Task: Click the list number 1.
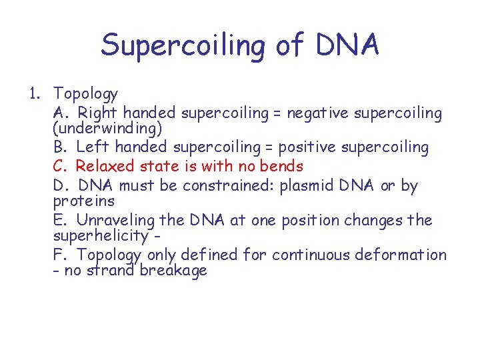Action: pyautogui.click(x=33, y=94)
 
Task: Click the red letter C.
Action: pyautogui.click(x=59, y=165)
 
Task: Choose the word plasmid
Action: pyautogui.click(x=309, y=185)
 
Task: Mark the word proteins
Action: pyautogui.click(x=83, y=201)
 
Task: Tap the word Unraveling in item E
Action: pyautogui.click(x=115, y=220)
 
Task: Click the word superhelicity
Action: pyautogui.click(x=100, y=235)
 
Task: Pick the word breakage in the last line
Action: pyautogui.click(x=174, y=270)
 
